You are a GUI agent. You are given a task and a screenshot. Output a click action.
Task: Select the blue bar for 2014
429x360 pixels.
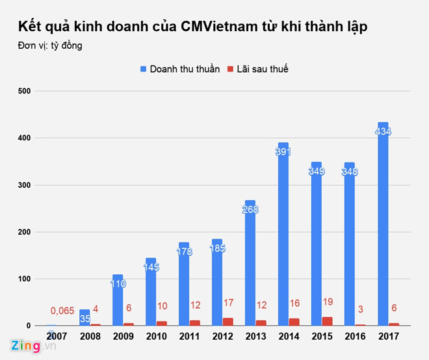(x=283, y=234)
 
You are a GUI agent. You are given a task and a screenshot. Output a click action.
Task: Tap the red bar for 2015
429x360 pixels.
(x=328, y=321)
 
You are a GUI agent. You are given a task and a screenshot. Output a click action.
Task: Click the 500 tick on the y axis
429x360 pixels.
(x=24, y=92)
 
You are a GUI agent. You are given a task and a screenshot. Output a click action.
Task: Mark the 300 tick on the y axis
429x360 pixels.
(x=24, y=185)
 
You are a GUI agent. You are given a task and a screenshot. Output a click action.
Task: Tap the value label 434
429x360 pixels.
(x=383, y=132)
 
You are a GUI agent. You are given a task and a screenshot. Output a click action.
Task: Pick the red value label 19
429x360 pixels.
(x=328, y=302)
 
